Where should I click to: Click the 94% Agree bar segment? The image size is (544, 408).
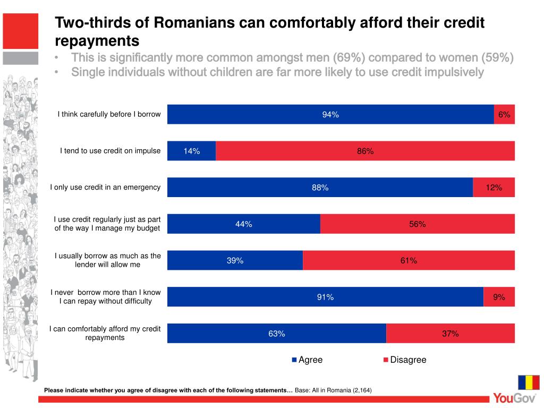click(x=330, y=114)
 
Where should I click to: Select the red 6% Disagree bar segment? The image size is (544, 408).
click(x=504, y=114)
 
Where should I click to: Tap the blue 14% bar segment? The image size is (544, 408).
click(x=191, y=151)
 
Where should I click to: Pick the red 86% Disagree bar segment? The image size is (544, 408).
click(x=365, y=151)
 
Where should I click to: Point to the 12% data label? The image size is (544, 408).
click(x=494, y=188)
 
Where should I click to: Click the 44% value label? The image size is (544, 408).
click(x=244, y=224)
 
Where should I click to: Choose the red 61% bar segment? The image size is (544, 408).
click(x=409, y=260)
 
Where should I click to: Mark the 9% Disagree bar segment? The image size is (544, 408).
click(x=499, y=297)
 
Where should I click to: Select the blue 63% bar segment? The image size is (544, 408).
click(x=276, y=333)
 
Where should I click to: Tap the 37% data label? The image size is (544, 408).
click(x=450, y=334)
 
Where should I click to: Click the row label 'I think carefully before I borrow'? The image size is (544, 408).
click(x=109, y=114)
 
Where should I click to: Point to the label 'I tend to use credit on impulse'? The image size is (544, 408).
click(x=110, y=151)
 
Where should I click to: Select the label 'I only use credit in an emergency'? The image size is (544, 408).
click(x=105, y=187)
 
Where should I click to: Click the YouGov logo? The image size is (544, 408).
click(x=513, y=397)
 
